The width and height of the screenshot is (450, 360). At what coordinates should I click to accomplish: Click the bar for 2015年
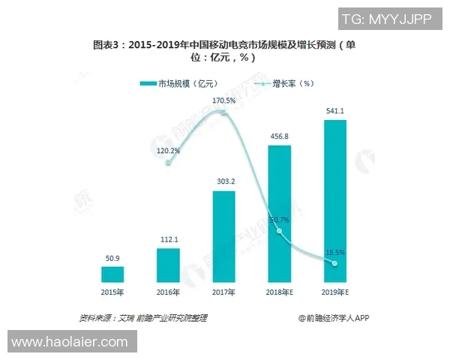tap(112, 274)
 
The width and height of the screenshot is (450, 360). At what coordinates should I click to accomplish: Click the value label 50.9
tap(112, 259)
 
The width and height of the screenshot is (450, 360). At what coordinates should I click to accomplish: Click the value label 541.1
tap(334, 112)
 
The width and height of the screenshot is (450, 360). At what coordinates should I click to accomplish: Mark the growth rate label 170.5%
tap(224, 100)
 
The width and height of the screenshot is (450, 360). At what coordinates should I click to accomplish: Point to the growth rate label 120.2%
tap(168, 150)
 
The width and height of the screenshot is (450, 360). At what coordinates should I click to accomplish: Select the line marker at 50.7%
tap(279, 231)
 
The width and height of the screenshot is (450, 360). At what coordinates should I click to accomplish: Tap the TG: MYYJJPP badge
tap(387, 19)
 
